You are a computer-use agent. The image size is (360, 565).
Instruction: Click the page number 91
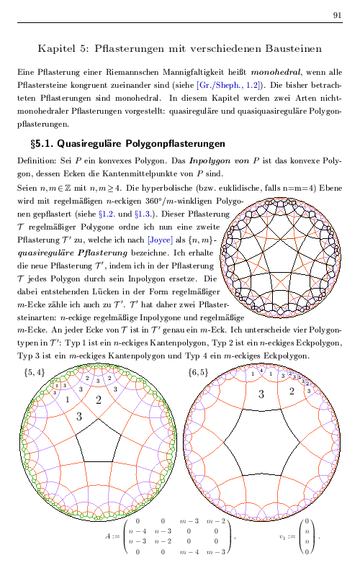coord(338,15)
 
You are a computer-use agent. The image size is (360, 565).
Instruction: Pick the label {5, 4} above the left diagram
coord(34,372)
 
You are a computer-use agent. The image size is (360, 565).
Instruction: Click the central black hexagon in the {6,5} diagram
coord(263,451)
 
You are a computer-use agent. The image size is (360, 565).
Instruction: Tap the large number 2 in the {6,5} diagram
coord(292,391)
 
